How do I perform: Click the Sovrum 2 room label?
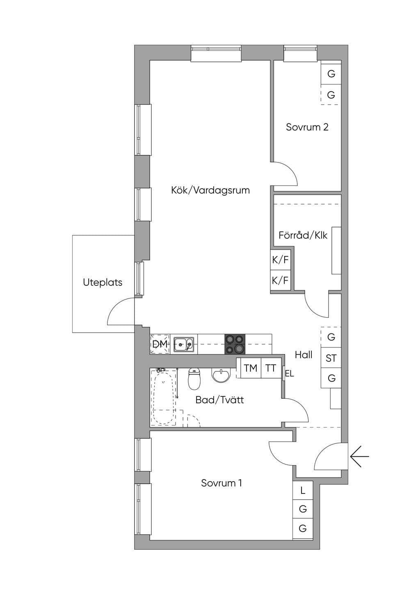click(307, 127)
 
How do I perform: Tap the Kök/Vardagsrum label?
click(210, 190)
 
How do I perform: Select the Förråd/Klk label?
click(303, 235)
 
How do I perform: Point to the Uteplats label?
click(103, 282)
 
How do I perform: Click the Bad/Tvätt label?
click(219, 400)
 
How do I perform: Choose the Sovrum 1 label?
click(221, 483)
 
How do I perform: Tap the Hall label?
click(304, 355)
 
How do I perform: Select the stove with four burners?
click(235, 344)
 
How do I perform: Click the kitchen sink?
click(184, 345)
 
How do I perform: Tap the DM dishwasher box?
click(160, 344)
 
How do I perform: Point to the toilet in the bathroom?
click(194, 379)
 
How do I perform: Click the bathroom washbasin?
click(221, 376)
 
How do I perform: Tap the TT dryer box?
click(271, 368)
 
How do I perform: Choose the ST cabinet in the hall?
click(331, 358)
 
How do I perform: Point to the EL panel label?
click(290, 374)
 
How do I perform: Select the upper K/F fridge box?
click(281, 260)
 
